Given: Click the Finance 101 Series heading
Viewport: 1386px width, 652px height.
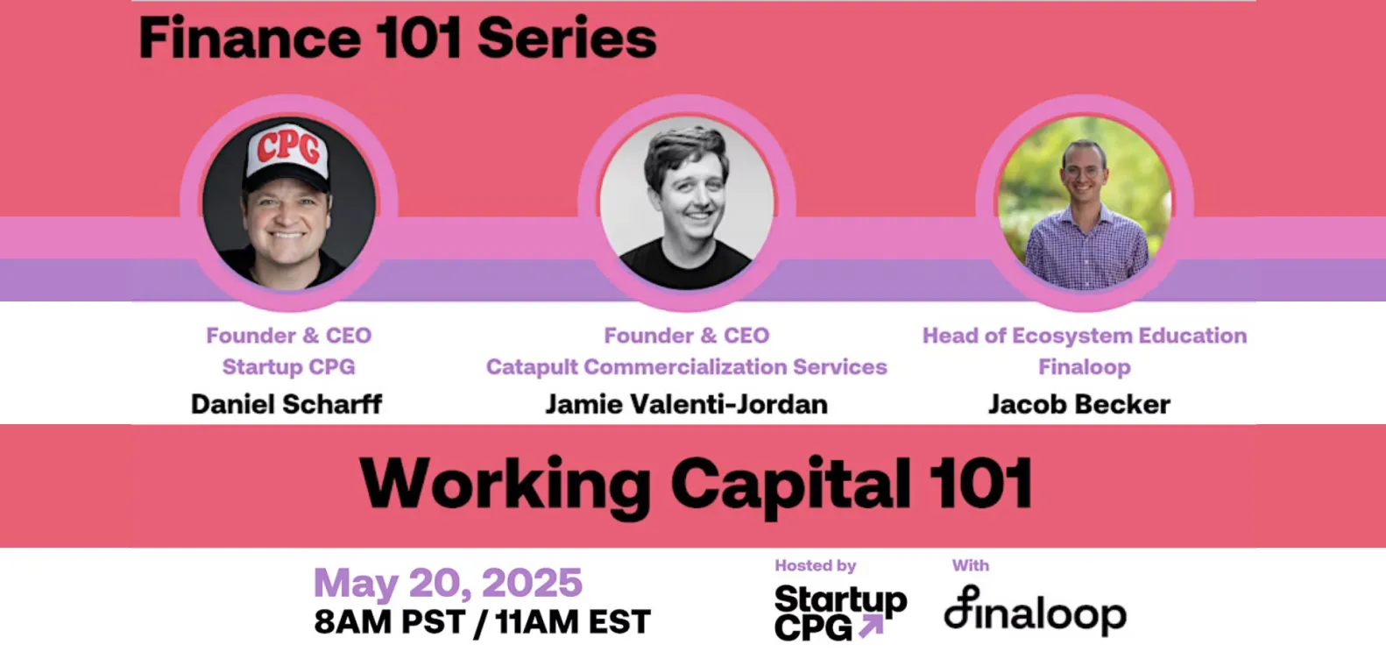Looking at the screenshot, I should (x=398, y=39).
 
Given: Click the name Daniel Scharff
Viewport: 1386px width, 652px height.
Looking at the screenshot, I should (x=286, y=404).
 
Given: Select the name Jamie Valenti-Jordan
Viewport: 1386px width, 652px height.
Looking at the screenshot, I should (x=686, y=404).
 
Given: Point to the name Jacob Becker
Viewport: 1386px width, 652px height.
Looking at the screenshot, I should (x=1078, y=404).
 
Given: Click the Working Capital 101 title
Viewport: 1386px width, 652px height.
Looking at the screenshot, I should (x=696, y=484).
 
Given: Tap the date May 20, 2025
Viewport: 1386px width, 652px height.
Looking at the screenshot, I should (x=448, y=584).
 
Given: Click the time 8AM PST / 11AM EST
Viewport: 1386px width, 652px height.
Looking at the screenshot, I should (x=482, y=622).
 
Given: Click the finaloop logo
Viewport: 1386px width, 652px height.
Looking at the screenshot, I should (x=1035, y=612).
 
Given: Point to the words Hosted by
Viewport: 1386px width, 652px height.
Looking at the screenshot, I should (x=815, y=566).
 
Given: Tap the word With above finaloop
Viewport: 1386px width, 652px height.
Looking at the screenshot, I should (x=970, y=566).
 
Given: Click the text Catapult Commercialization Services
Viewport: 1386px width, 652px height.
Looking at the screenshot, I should (x=686, y=367).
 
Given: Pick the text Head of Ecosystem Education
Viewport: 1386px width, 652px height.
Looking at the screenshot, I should (x=1084, y=336).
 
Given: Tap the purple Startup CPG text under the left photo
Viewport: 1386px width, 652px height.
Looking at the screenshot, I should (x=288, y=367).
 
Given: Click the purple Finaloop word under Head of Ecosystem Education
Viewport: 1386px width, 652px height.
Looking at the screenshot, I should (x=1084, y=367).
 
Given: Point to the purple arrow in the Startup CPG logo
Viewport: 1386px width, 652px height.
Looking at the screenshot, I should (x=871, y=626).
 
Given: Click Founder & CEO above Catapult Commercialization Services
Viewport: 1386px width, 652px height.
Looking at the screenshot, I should (x=686, y=336).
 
